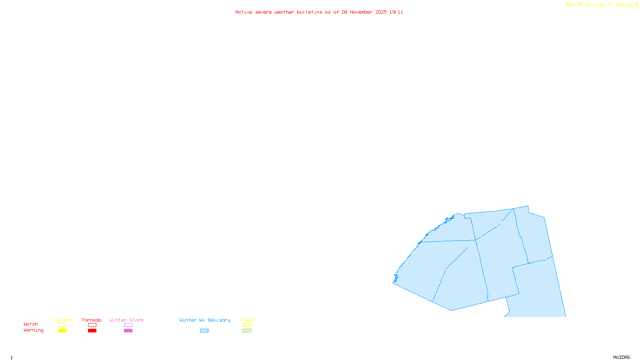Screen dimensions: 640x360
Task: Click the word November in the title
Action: click(361, 12)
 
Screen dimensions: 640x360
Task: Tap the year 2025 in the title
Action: click(381, 12)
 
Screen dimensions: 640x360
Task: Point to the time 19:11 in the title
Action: click(396, 12)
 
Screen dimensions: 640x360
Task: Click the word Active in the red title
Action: click(244, 12)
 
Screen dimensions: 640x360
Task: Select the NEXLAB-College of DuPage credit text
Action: click(600, 4)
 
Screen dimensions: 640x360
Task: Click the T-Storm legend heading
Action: click(62, 320)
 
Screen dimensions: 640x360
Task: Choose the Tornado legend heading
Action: click(92, 320)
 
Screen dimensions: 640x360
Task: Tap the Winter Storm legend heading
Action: click(126, 320)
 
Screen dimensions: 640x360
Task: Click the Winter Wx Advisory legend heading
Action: click(205, 320)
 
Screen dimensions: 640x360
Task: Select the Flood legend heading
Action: click(247, 320)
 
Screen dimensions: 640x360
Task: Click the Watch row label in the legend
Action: click(31, 324)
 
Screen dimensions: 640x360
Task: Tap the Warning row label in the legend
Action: click(33, 330)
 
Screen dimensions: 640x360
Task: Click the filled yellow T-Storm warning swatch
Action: click(62, 331)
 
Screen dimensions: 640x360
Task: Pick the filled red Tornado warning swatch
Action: click(92, 331)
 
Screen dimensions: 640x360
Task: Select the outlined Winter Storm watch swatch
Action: click(128, 325)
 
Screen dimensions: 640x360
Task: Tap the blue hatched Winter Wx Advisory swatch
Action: click(204, 331)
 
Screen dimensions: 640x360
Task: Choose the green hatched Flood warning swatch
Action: click(247, 331)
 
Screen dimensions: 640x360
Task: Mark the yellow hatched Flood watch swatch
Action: click(247, 325)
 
